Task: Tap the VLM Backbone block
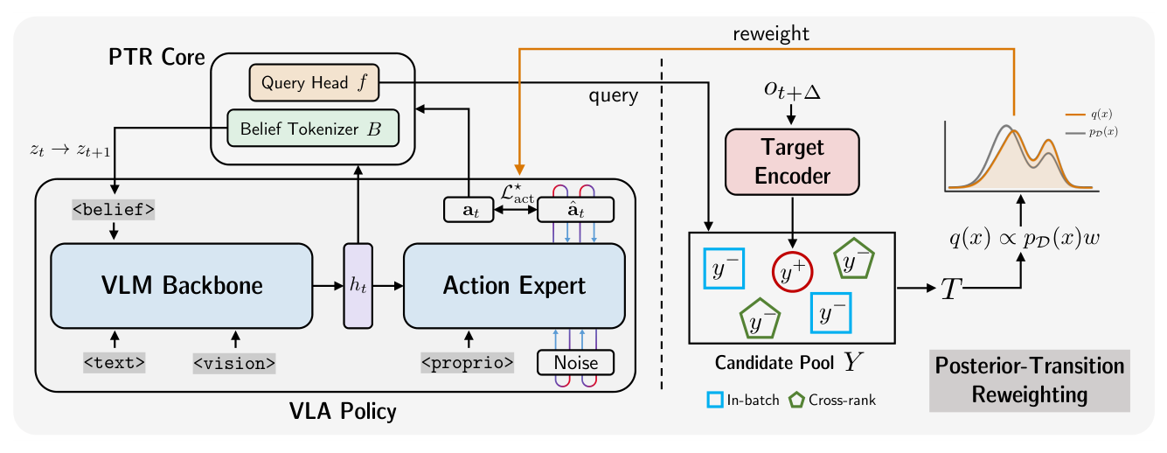[x=182, y=285]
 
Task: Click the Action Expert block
[x=514, y=285]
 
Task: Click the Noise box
[x=574, y=362]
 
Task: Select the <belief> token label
[x=113, y=209]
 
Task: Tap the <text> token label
[x=114, y=362]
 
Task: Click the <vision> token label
[x=234, y=362]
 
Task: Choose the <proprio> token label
[x=468, y=362]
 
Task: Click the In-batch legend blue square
[x=714, y=400]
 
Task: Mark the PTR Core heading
[x=156, y=59]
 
